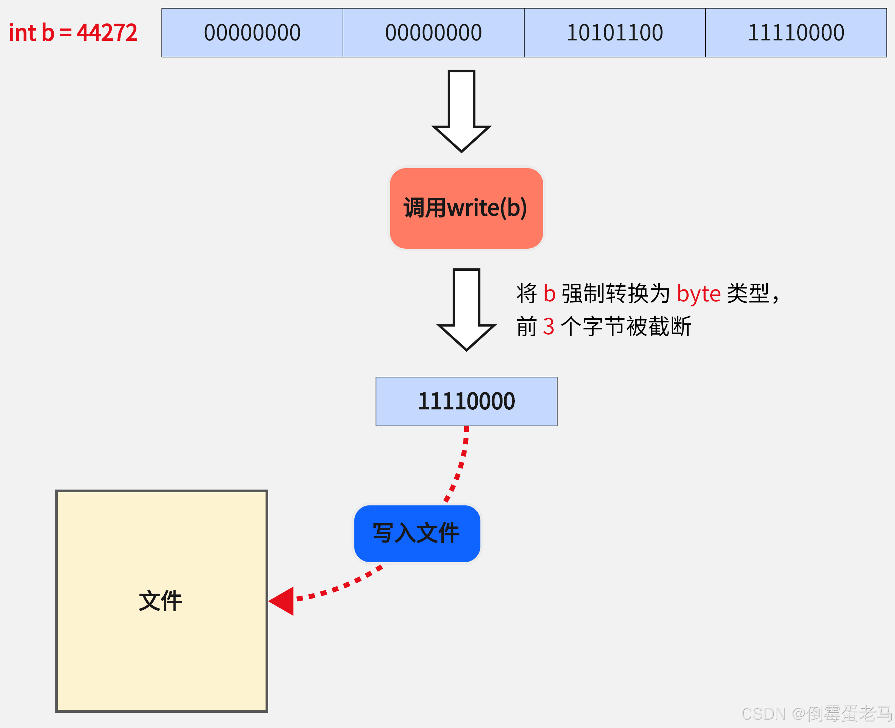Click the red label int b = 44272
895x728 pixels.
click(73, 33)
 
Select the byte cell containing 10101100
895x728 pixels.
click(615, 33)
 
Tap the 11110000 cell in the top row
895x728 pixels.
click(796, 33)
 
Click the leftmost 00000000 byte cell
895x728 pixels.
click(252, 33)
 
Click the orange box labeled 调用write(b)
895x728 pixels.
click(466, 209)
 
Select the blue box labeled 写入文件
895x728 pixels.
click(417, 533)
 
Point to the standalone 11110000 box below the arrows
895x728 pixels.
click(466, 401)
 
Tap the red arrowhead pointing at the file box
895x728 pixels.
click(282, 601)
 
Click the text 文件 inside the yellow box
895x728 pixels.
click(161, 601)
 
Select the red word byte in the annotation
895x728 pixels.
click(698, 294)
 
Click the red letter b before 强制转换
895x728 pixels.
click(549, 294)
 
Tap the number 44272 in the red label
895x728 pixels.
click(107, 33)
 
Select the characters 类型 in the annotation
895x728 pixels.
click(747, 294)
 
